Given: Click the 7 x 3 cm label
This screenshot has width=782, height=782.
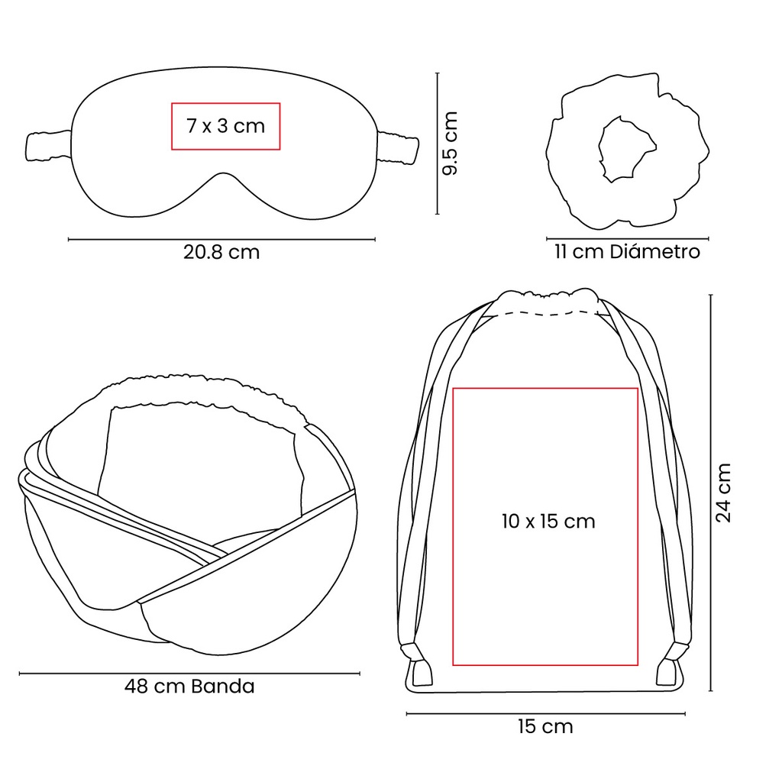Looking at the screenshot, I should point(225,125).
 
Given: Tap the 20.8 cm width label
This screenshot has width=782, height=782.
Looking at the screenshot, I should point(221,252).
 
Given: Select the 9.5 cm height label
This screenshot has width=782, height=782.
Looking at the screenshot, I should point(451,144).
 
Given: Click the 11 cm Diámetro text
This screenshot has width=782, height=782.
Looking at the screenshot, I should point(627,251).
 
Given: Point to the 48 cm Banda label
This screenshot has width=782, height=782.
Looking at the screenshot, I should point(189,686).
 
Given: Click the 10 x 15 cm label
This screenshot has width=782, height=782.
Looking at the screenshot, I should point(548,522).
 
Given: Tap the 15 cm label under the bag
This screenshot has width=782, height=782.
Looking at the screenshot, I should point(544,726).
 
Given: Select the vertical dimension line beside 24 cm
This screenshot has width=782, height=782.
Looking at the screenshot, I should point(711,493).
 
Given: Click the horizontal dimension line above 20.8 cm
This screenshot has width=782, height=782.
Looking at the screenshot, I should point(221,240).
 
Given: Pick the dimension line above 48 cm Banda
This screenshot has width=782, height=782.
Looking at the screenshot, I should point(189,674).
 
